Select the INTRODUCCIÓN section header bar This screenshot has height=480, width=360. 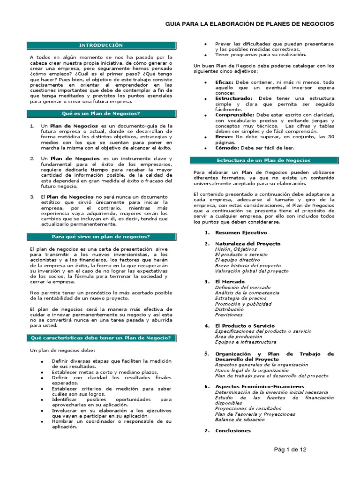tap(101, 45)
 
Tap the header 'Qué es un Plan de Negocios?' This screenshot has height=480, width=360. tap(101, 113)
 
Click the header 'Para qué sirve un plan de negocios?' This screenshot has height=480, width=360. tap(101, 236)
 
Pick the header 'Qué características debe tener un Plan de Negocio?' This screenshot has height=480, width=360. tap(101, 337)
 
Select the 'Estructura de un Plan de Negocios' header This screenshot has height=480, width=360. tap(264, 160)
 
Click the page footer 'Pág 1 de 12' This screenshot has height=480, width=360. tap(290, 450)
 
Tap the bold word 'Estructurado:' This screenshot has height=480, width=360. tap(233, 98)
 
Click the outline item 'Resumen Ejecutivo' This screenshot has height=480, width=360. tap(240, 232)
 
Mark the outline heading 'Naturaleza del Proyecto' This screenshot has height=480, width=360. tap(247, 244)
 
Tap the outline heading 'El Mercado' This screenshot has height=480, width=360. tap(230, 281)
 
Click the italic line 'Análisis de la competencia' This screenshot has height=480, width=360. tap(247, 292)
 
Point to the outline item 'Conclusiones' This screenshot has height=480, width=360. tap(233, 430)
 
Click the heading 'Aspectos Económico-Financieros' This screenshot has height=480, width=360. tap(259, 386)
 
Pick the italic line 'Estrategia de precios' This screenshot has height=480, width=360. tap(240, 298)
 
